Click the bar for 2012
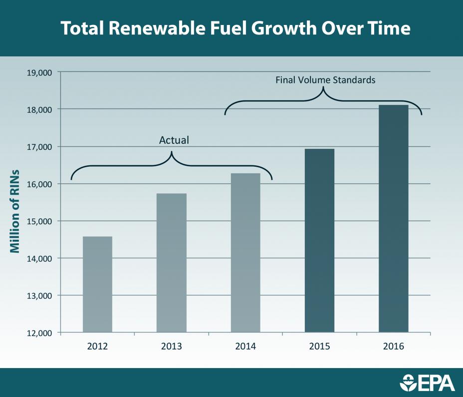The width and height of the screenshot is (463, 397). (97, 284)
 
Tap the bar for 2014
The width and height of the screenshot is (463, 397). (245, 253)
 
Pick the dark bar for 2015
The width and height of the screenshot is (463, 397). (319, 240)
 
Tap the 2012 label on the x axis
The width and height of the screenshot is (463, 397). (97, 346)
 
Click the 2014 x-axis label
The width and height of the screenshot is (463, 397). (245, 346)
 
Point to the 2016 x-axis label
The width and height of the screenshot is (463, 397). (393, 346)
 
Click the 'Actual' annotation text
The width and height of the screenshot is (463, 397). (174, 140)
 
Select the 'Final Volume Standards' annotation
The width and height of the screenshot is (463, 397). (325, 79)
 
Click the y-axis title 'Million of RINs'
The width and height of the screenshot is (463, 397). (15, 203)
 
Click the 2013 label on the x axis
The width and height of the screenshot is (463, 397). (171, 346)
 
